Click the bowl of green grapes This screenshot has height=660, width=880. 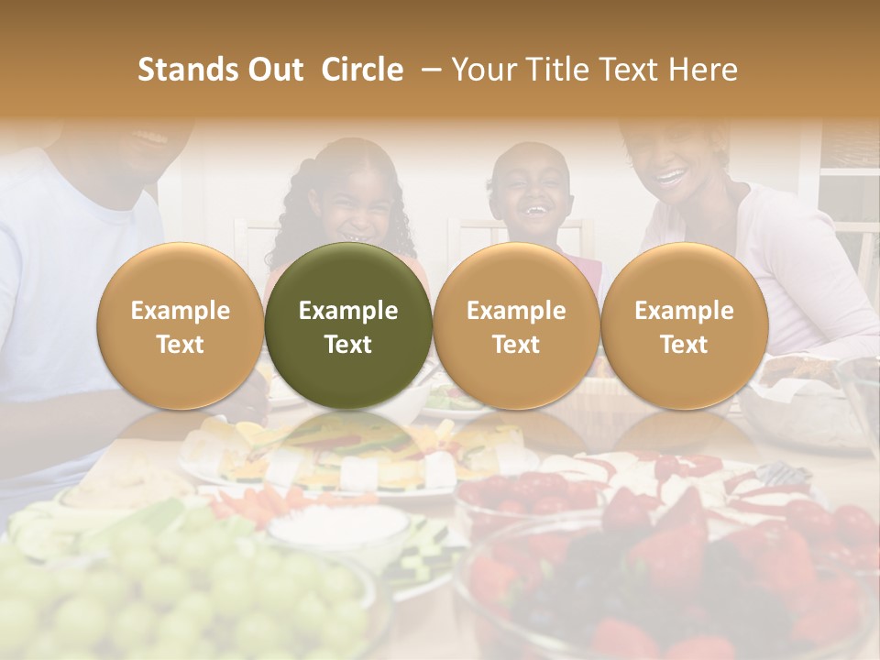183,587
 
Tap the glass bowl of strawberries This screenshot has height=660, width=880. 660,587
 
